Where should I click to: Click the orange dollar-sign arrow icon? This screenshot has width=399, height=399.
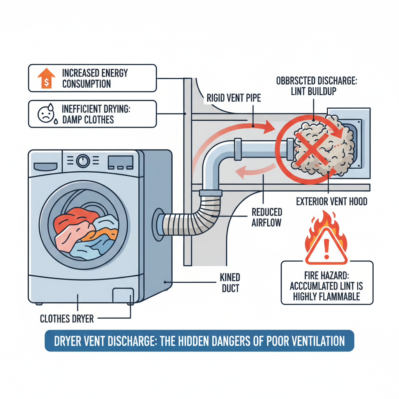pos(46,78)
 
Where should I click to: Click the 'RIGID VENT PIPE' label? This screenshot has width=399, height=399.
pos(233,98)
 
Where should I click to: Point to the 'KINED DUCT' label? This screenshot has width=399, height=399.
pos(230,283)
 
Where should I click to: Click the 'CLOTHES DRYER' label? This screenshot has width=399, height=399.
pos(67,319)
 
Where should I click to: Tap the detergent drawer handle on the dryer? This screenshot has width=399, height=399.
pos(46,166)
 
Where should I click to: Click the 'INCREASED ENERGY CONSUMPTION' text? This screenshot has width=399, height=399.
pos(95,78)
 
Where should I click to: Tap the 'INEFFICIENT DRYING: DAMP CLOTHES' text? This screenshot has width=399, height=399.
pos(96,113)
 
